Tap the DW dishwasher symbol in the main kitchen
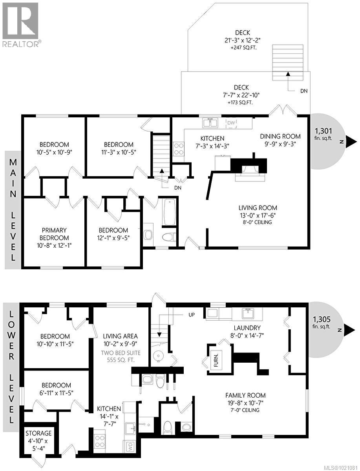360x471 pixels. tap(232, 123)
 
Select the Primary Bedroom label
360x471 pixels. tap(55, 234)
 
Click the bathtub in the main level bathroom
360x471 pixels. tap(170, 212)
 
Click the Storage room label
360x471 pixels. tap(38, 433)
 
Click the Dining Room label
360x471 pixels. tap(280, 136)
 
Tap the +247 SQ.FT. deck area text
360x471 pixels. tap(242, 47)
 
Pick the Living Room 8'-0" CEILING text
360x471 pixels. tap(258, 222)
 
